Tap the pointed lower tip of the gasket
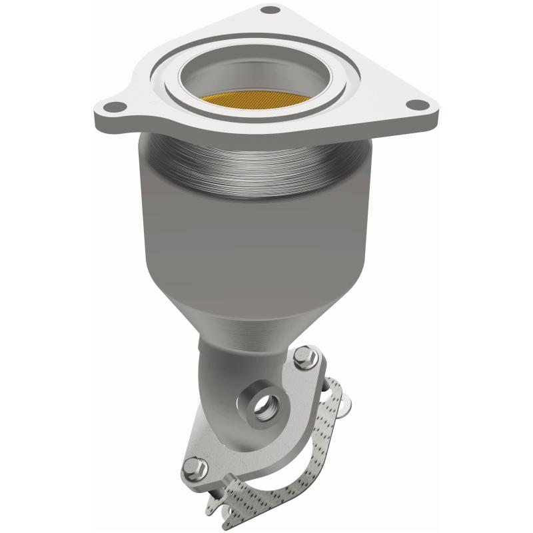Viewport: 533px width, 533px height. (x=227, y=523)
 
